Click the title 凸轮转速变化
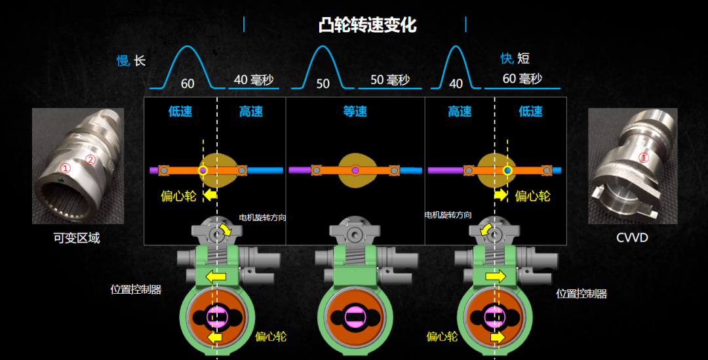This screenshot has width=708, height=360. (367, 26)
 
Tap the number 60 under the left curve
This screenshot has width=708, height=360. (187, 84)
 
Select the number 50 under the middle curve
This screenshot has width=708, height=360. (323, 84)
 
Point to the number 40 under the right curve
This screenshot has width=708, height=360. (456, 84)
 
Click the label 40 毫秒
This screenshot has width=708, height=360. (253, 80)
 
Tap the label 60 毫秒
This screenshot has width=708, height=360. (522, 79)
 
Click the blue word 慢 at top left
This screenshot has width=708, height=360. (123, 61)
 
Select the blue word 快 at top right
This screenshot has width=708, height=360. (506, 59)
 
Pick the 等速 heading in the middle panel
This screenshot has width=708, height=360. (355, 111)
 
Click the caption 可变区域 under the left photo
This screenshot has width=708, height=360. (77, 238)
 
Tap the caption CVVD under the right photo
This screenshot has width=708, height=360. (632, 237)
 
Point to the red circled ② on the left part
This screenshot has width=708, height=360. (91, 159)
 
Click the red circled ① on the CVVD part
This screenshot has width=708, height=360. (643, 157)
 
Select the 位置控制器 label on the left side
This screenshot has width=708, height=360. (136, 289)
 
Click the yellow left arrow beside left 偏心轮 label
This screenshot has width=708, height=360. (210, 195)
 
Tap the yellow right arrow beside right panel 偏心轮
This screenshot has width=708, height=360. (500, 195)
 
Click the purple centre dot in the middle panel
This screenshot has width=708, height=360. (355, 170)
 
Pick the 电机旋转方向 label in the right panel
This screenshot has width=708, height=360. (448, 215)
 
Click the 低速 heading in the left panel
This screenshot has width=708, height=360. (180, 111)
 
